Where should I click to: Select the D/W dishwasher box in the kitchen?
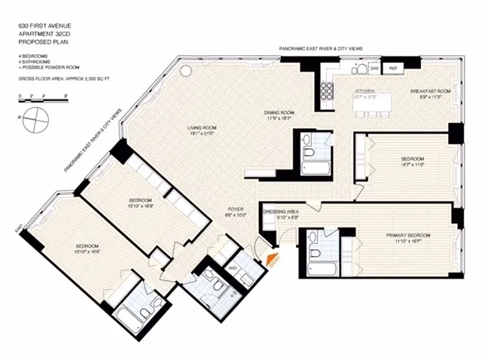tap(374, 69)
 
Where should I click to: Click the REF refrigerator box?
tap(392, 69)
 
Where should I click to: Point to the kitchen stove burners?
tap(329, 90)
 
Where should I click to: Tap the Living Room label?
tap(202, 129)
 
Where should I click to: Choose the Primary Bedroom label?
tap(408, 236)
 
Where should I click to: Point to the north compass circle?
tap(35, 117)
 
